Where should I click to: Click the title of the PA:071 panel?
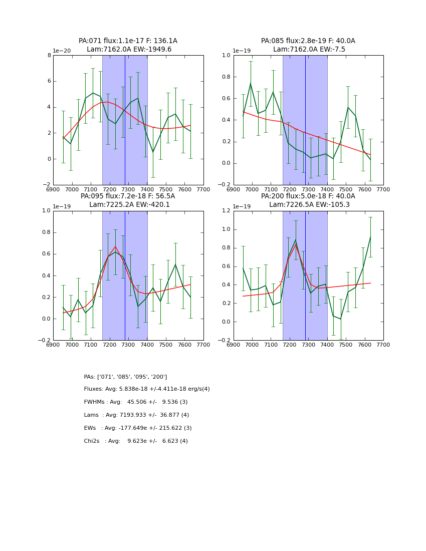(x=128, y=45)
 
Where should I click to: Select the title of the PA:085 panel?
(x=308, y=45)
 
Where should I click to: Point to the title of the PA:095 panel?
(x=128, y=200)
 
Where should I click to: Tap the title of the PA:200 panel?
(x=308, y=200)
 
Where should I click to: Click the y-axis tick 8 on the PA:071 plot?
(x=49, y=56)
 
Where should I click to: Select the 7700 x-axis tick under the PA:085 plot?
(x=383, y=189)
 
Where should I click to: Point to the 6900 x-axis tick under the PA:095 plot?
(x=53, y=344)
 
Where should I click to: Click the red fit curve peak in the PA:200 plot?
(x=296, y=244)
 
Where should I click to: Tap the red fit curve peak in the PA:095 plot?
(x=115, y=246)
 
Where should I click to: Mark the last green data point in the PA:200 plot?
(x=370, y=237)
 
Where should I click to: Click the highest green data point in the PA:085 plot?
(x=251, y=84)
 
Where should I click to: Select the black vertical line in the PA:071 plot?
(x=125, y=120)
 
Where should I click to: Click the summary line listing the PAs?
(x=125, y=377)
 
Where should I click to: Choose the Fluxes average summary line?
(x=147, y=389)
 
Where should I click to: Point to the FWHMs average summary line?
(x=136, y=402)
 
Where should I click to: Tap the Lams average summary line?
(x=136, y=415)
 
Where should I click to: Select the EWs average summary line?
(x=138, y=428)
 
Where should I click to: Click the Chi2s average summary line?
(x=136, y=441)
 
